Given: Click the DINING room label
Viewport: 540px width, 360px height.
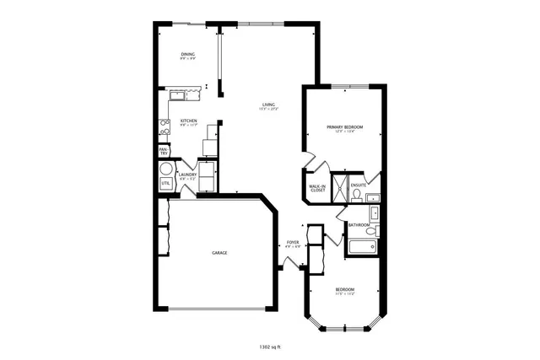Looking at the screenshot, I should click(x=187, y=55).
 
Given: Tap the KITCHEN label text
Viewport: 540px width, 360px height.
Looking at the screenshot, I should click(x=188, y=121).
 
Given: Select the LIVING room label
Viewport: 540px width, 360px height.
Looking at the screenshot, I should click(x=267, y=105).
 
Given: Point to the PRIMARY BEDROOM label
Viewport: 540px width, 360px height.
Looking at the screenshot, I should click(x=344, y=126).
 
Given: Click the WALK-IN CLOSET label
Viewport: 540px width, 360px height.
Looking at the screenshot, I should click(x=317, y=188).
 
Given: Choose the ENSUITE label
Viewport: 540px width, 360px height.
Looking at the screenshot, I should click(x=359, y=185).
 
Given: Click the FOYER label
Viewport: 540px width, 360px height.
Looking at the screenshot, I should click(x=293, y=242).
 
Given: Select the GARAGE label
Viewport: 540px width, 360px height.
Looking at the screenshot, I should click(x=219, y=252).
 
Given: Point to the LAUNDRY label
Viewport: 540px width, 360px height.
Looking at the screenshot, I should click(x=187, y=175).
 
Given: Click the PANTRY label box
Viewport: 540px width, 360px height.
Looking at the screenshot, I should click(x=164, y=151).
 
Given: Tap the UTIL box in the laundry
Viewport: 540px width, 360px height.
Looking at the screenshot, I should click(x=165, y=183).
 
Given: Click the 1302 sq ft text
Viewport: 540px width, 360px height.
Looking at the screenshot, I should click(x=269, y=346).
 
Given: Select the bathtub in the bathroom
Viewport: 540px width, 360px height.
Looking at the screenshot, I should click(x=363, y=248).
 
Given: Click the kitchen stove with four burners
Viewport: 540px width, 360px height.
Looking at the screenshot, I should click(x=165, y=126).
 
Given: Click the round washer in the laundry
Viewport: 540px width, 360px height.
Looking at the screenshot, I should click(x=166, y=168).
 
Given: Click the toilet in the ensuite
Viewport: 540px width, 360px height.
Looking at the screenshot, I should click(x=357, y=196).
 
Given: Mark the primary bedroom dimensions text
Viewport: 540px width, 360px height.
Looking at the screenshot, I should click(x=344, y=132).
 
